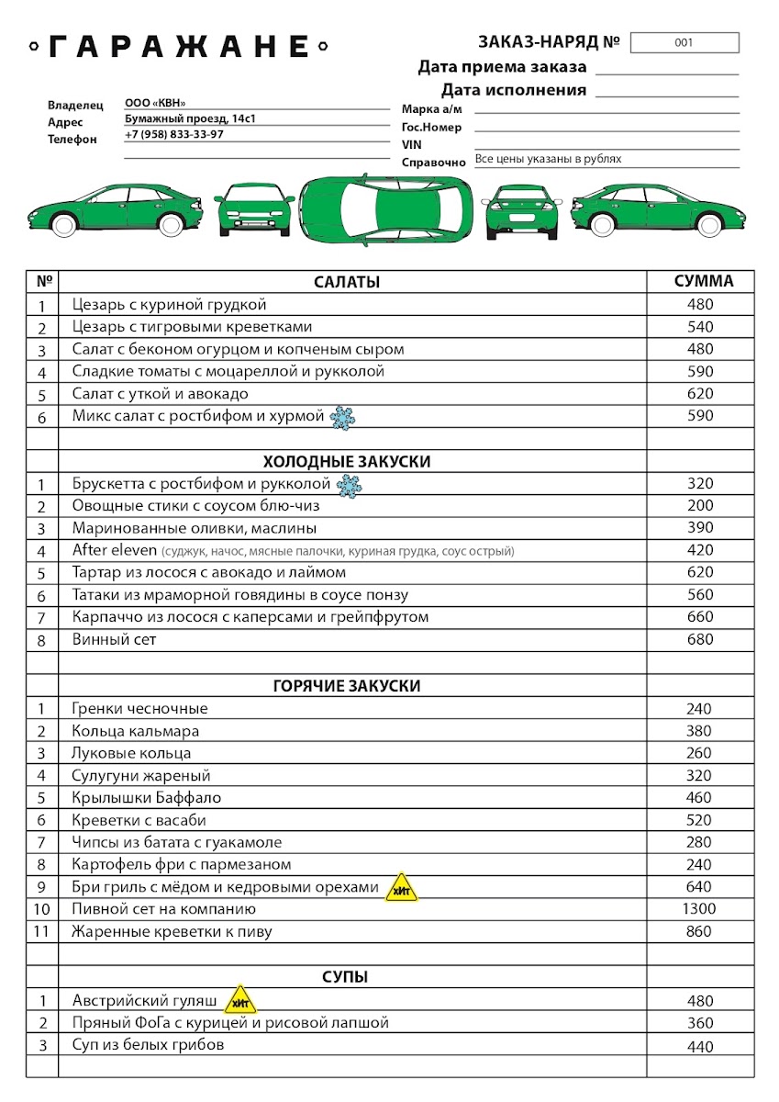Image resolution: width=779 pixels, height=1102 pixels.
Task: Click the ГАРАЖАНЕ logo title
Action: (179, 46)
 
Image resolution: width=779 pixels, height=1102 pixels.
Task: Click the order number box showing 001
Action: (684, 42)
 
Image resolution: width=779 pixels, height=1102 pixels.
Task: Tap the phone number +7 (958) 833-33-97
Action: (174, 134)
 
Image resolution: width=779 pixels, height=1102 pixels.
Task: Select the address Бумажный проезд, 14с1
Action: (192, 118)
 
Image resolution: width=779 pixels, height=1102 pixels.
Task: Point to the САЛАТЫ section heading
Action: (346, 282)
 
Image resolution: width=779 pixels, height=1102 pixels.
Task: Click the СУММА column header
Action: (704, 281)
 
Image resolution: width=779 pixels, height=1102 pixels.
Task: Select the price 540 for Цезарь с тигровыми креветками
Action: (700, 327)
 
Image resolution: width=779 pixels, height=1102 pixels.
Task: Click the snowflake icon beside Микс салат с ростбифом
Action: (342, 418)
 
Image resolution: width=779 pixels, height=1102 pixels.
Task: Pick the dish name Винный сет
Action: (115, 639)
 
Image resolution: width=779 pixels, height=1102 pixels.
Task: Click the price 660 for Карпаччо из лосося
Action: (700, 617)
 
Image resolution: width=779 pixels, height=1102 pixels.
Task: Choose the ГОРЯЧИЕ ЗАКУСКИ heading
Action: (347, 686)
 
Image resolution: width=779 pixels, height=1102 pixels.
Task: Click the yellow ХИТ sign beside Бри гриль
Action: (401, 888)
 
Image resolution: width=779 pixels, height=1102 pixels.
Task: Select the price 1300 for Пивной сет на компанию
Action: (700, 909)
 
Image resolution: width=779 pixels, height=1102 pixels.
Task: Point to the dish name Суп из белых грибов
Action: (148, 1044)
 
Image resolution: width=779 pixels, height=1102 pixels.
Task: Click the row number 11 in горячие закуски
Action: (42, 931)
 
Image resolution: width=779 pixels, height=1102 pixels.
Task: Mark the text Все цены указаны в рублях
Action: (548, 159)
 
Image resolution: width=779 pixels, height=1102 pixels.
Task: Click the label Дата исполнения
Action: (513, 90)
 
